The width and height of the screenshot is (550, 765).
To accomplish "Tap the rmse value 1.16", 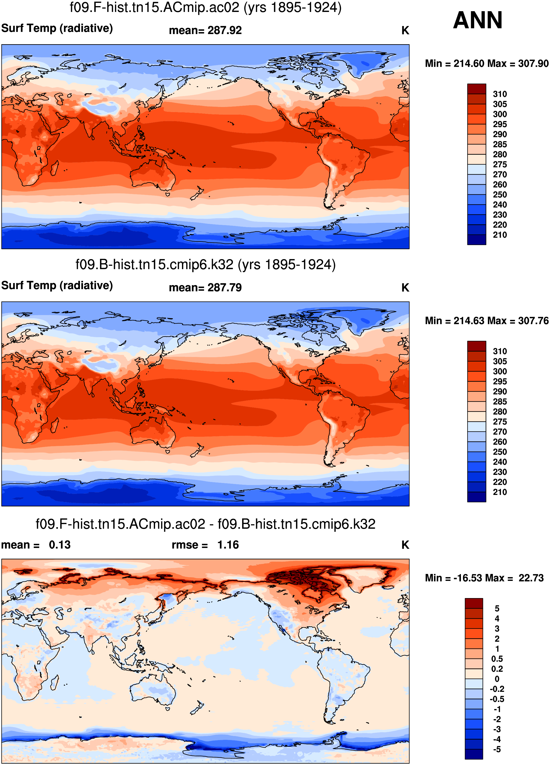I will pyautogui.click(x=228, y=545).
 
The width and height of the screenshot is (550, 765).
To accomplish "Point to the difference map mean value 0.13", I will pyautogui.click(x=60, y=545).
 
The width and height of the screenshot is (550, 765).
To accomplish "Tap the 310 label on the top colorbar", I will pyautogui.click(x=500, y=94).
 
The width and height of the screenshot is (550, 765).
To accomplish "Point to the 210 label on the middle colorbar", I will pyautogui.click(x=500, y=492).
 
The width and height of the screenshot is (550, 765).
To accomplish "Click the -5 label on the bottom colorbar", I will pyautogui.click(x=497, y=750).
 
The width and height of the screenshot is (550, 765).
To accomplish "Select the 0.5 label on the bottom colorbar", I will pyautogui.click(x=497, y=659).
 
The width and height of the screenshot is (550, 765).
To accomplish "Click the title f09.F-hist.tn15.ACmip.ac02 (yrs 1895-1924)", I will pyautogui.click(x=206, y=7).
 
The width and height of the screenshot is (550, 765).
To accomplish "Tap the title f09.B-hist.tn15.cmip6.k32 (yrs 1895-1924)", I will pyautogui.click(x=206, y=265).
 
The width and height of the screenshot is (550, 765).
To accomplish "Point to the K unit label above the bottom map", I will pyautogui.click(x=405, y=545).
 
